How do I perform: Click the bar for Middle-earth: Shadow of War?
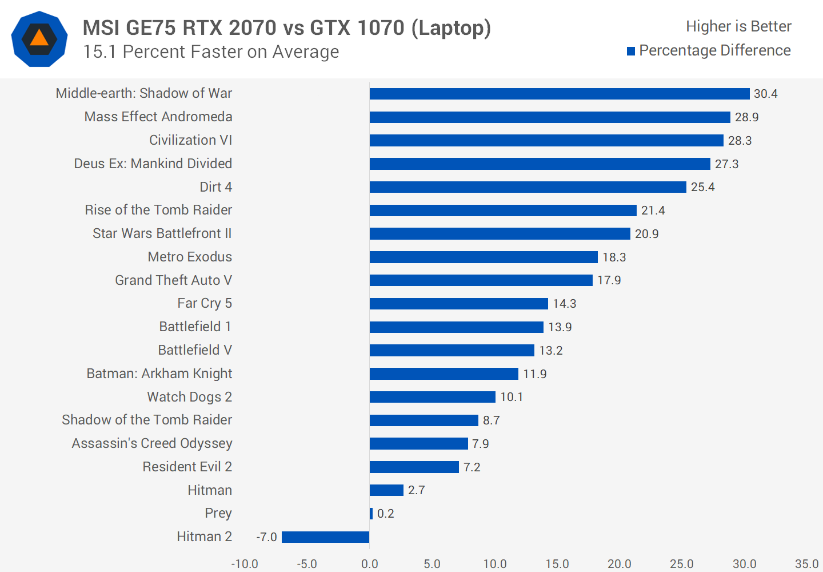[559, 94]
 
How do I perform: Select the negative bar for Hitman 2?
[325, 537]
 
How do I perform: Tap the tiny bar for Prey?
[371, 514]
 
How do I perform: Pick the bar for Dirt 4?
[528, 187]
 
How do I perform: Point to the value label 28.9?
[746, 117]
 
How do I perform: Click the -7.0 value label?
[266, 537]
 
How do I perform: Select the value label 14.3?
[564, 304]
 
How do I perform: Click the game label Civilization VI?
[190, 140]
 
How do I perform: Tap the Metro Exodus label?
[190, 257]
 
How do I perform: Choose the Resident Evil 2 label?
[187, 467]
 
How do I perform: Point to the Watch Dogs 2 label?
[189, 397]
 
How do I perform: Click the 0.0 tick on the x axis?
[369, 564]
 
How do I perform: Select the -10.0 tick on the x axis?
[245, 564]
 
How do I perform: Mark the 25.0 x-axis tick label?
[681, 564]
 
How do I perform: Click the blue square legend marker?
[631, 51]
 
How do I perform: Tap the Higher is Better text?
[738, 26]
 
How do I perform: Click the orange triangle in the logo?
[39, 38]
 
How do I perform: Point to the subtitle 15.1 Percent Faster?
[210, 52]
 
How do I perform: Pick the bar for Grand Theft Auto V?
[481, 280]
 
